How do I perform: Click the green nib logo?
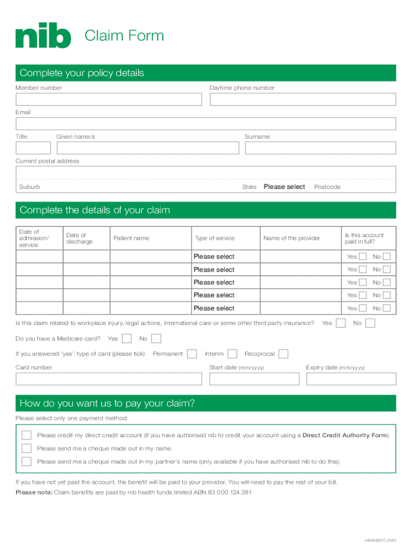click(x=43, y=37)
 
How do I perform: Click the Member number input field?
click(x=109, y=100)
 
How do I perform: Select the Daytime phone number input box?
click(x=303, y=100)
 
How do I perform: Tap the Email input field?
click(x=205, y=124)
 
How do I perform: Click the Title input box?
click(x=33, y=148)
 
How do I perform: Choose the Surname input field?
click(x=320, y=148)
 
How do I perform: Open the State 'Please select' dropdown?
click(x=284, y=187)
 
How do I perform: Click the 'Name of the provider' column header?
click(x=292, y=238)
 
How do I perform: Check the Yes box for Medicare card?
click(x=127, y=338)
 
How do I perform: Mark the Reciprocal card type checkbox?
click(x=284, y=354)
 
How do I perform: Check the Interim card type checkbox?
click(x=232, y=354)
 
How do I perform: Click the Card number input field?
click(x=109, y=379)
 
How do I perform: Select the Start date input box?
click(x=255, y=379)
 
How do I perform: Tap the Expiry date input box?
click(x=350, y=379)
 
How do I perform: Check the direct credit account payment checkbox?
click(x=26, y=435)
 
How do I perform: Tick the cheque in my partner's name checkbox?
click(x=26, y=461)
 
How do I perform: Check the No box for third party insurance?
click(x=370, y=323)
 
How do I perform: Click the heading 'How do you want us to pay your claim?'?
click(x=107, y=403)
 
